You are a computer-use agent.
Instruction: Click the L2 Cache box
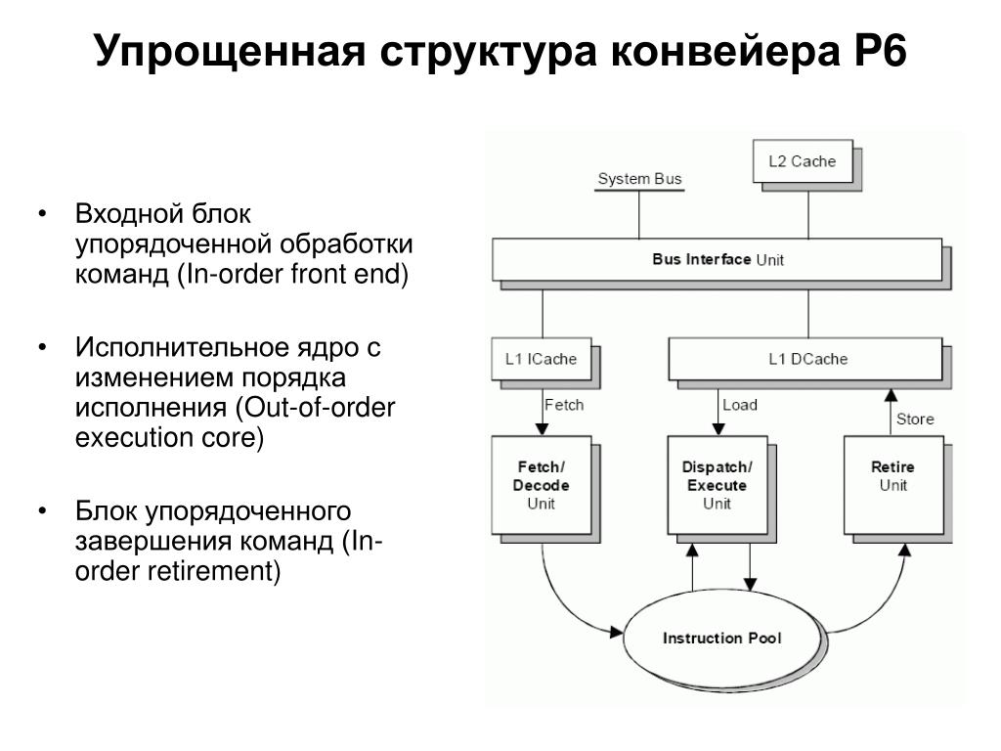(801, 161)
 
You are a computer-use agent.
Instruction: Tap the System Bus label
(639, 179)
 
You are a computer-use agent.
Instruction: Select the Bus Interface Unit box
(718, 259)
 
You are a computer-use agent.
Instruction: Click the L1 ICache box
(541, 359)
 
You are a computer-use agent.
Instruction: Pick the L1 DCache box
(806, 359)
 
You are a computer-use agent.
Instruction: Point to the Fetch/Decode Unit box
(541, 485)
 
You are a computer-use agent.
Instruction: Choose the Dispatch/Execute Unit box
(717, 485)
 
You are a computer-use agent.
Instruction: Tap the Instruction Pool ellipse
(722, 639)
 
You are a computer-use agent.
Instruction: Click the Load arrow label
(739, 405)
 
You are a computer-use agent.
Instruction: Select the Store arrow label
(915, 419)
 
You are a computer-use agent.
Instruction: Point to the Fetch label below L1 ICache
(563, 404)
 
